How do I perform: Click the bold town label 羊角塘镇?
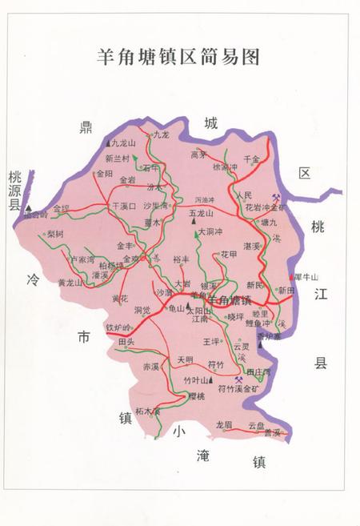(230, 301)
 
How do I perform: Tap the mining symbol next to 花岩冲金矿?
(275, 197)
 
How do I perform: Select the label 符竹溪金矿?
(239, 388)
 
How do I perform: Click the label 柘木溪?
(149, 412)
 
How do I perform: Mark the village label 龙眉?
(224, 424)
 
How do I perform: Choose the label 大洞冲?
(210, 232)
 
